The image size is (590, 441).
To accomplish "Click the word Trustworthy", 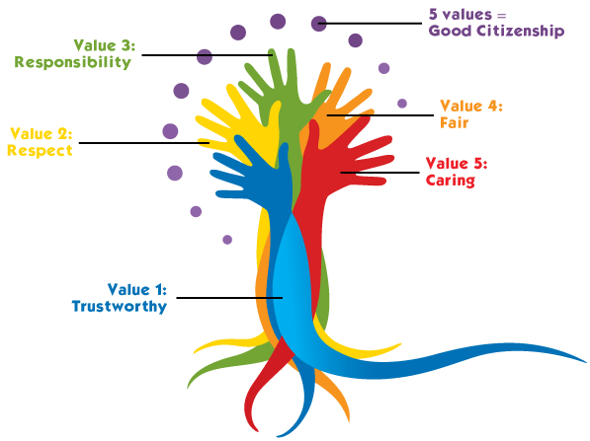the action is [120, 307].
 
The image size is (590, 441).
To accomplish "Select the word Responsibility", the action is [72, 62].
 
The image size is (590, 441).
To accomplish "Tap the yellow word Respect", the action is [40, 151].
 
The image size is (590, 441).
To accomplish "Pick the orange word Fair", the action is [455, 122].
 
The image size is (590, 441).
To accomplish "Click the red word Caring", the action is [451, 181].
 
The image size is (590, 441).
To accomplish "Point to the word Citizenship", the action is [521, 31].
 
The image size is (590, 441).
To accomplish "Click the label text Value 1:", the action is [137, 289].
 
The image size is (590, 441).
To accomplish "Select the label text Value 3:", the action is [104, 45].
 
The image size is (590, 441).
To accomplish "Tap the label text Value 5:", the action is [457, 164].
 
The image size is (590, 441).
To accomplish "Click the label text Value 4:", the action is [471, 106].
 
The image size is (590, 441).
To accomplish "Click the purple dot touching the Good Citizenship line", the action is [318, 24].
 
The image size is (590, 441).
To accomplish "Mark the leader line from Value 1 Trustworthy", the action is [229, 298].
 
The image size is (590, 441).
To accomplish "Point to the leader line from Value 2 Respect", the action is [144, 143].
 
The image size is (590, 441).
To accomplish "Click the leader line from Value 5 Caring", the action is [380, 173].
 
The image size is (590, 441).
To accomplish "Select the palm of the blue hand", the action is [271, 184].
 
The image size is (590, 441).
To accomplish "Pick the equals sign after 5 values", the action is [502, 16].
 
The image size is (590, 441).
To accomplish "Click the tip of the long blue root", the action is [586, 362].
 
